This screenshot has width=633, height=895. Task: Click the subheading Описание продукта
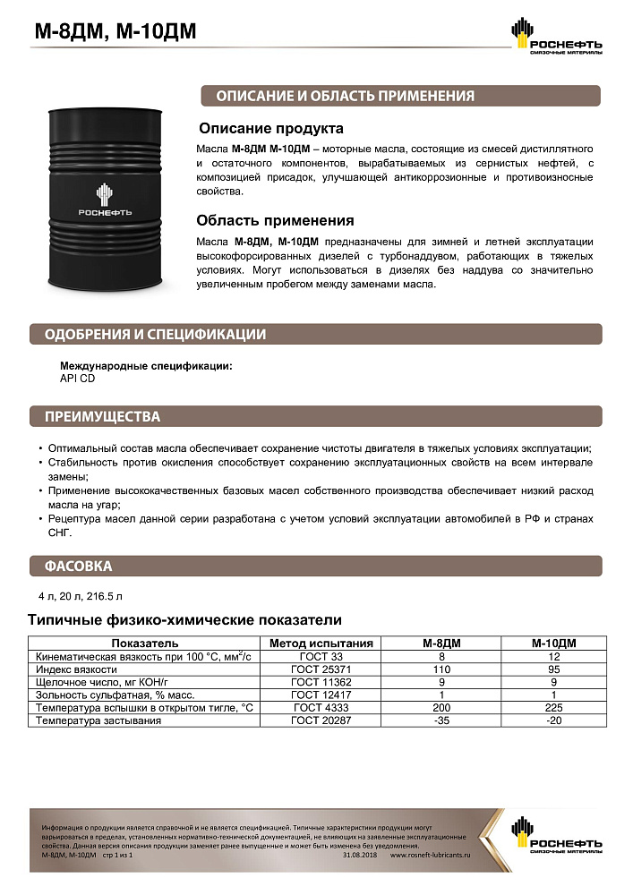(270, 128)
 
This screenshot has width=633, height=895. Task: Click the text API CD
(77, 379)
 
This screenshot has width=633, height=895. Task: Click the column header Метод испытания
(321, 643)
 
